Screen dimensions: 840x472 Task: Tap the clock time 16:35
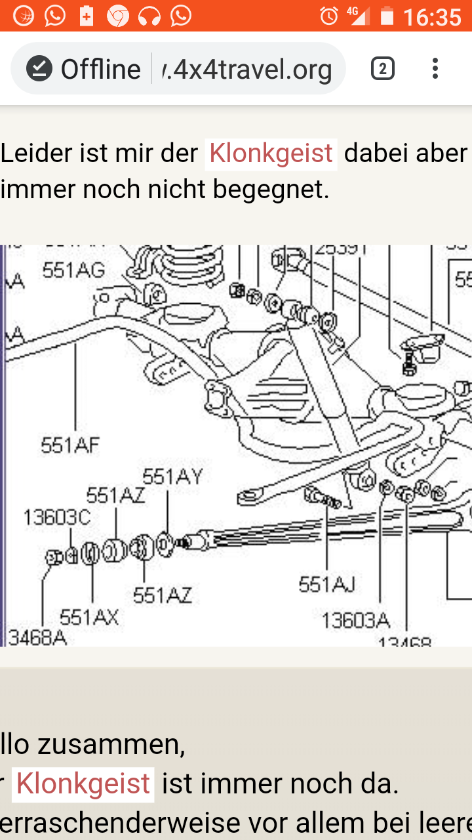point(432,16)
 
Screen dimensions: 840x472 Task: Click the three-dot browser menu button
point(435,69)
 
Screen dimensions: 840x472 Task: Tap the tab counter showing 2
point(383,69)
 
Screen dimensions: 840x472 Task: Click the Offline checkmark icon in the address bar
point(39,69)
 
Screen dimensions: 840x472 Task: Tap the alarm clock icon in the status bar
point(328,16)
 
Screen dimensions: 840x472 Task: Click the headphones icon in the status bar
point(149,16)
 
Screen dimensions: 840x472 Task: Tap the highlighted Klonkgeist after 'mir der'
point(271,154)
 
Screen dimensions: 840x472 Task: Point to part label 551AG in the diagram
point(73,270)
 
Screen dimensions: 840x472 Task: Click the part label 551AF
point(70,446)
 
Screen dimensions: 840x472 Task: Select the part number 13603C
point(56,518)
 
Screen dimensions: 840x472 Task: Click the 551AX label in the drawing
point(89,618)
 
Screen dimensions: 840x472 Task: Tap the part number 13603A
point(356,619)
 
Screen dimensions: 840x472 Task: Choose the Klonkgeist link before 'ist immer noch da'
point(83,784)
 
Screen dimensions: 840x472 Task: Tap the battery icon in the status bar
point(387,16)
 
